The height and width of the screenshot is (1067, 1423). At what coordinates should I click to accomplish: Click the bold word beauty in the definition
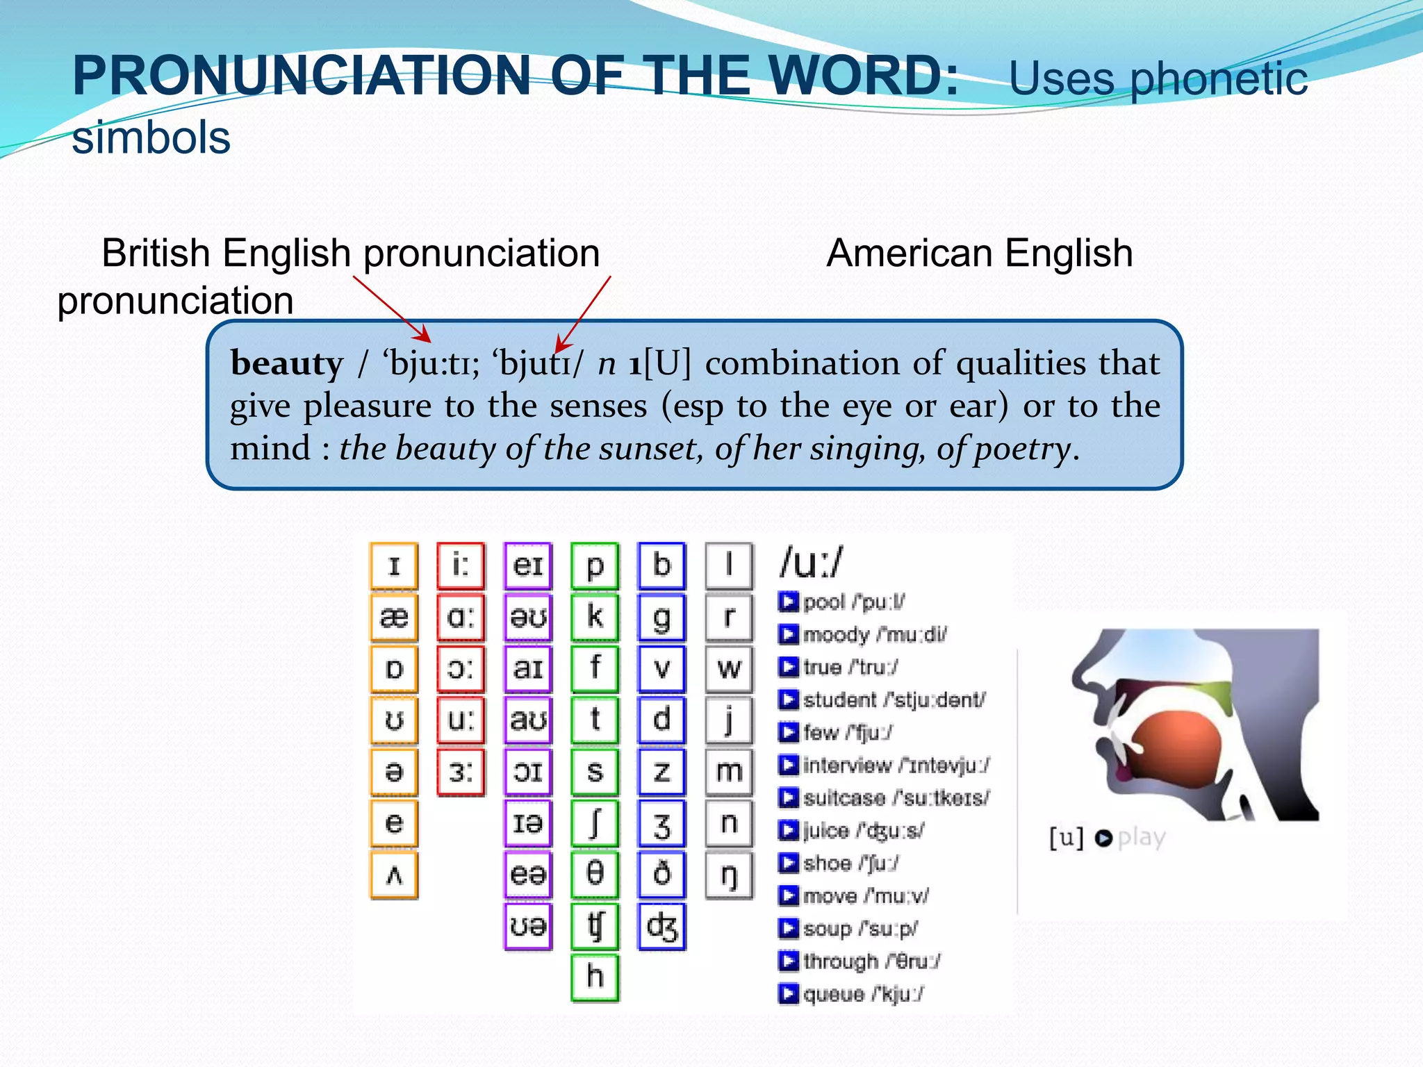point(286,364)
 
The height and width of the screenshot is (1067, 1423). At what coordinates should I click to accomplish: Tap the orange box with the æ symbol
point(394,617)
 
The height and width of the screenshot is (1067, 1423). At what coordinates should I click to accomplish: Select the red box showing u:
point(461,720)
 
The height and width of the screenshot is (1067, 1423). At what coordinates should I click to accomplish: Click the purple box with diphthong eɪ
point(528,565)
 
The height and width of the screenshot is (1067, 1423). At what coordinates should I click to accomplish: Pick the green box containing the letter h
point(595,977)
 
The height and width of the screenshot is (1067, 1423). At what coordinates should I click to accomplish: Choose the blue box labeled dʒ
point(661,926)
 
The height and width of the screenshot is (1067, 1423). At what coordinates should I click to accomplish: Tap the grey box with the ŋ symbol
point(729,875)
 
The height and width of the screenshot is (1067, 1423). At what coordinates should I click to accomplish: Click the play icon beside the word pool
point(788,602)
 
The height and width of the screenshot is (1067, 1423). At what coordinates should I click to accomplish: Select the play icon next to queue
point(788,994)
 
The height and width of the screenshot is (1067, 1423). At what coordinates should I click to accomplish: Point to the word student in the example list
point(840,700)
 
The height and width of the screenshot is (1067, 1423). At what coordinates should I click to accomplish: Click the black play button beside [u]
point(1103,838)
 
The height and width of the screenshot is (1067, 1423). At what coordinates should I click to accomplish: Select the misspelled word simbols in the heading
point(151,138)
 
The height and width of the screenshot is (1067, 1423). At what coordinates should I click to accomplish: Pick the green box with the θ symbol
point(595,875)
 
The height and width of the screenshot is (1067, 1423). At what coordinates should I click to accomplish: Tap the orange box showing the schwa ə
point(394,771)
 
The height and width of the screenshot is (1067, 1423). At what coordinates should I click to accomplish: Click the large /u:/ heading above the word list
point(811,563)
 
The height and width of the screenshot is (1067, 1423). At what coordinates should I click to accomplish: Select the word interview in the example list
point(847,765)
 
